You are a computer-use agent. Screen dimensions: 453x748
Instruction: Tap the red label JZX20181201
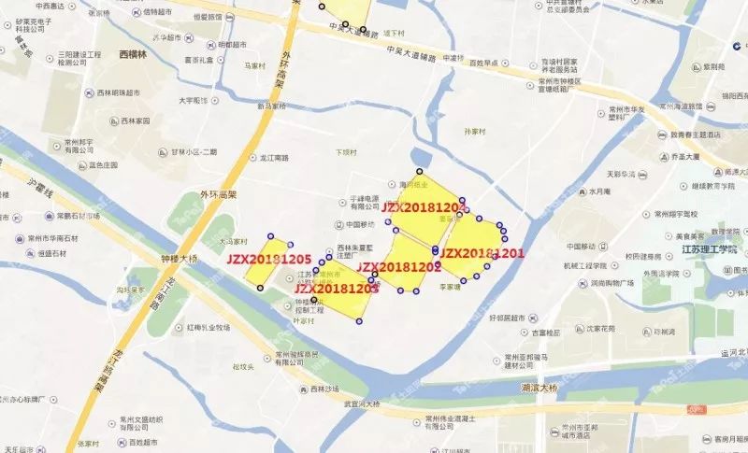(482, 253)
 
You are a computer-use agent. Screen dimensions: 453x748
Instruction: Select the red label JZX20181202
(399, 267)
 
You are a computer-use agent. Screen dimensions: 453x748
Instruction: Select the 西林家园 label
(135, 121)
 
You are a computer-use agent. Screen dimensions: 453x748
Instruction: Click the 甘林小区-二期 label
(194, 152)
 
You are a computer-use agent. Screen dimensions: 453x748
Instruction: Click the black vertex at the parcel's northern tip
(420, 172)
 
